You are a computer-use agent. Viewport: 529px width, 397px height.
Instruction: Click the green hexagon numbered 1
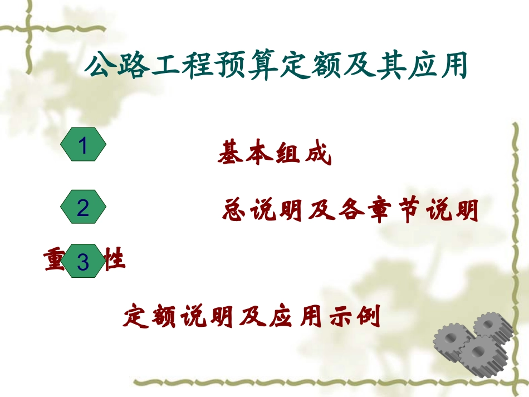[83, 145]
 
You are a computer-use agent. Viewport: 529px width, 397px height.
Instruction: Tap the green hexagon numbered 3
[83, 261]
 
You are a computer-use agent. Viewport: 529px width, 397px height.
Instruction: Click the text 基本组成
[275, 153]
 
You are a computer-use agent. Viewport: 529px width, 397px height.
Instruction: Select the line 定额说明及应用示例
[252, 317]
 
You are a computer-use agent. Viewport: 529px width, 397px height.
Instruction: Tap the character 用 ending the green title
[453, 67]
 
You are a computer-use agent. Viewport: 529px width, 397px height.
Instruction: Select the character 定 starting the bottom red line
[135, 317]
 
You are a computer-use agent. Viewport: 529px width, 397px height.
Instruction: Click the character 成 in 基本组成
[319, 153]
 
